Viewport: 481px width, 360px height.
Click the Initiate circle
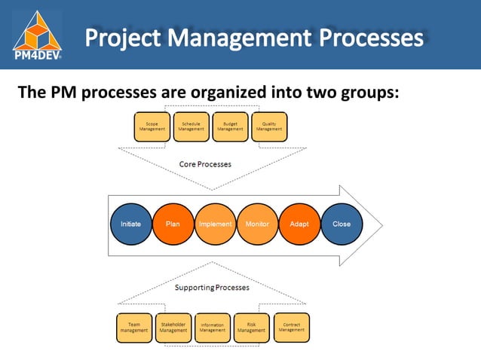[130, 224]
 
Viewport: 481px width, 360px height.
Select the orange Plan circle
[173, 224]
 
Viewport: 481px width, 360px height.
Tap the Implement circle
[215, 224]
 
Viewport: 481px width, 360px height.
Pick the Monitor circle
[257, 224]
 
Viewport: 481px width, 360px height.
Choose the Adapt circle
[299, 224]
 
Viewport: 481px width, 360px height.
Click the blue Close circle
[342, 224]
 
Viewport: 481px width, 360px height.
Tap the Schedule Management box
[191, 127]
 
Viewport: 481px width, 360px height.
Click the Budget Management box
[230, 127]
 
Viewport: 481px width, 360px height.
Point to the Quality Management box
[269, 127]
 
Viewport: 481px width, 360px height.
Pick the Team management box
[134, 327]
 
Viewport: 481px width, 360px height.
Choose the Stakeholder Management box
[173, 327]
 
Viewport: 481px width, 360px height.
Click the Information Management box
[213, 328]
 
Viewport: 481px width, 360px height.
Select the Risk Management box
[251, 327]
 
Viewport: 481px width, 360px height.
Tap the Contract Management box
[290, 326]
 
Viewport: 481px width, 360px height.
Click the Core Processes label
[205, 163]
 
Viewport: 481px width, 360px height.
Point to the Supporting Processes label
[212, 287]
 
